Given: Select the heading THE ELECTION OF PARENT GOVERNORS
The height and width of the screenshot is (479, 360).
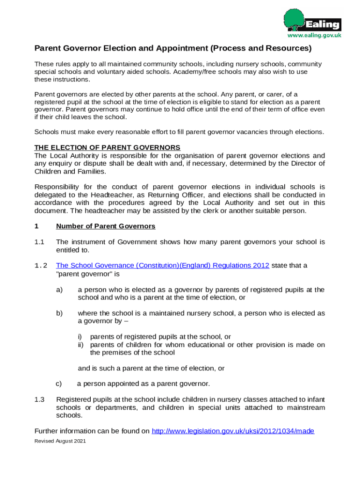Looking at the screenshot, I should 108,148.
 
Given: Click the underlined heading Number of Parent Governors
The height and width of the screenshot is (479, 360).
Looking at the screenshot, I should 105,226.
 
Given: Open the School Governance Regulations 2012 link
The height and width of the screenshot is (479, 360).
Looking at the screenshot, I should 162,266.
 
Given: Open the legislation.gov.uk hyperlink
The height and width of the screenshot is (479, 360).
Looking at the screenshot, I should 233,431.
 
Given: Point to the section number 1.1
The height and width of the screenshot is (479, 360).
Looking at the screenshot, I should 39,242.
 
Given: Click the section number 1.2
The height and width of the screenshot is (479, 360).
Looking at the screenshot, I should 41,266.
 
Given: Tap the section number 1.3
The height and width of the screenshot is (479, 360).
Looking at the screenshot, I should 39,399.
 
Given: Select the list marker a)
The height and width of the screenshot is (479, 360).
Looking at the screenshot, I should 59,290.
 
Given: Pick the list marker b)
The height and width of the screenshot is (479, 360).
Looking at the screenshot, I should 59,313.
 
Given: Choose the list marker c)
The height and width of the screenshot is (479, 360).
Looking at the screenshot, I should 59,384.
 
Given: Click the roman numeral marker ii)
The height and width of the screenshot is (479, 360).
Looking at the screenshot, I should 80,345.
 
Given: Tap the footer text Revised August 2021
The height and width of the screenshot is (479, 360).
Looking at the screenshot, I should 60,441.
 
